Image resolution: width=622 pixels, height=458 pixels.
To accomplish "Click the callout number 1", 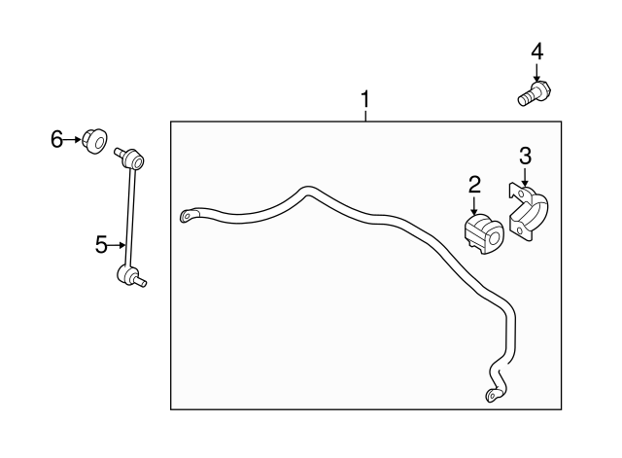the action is coord(365,99).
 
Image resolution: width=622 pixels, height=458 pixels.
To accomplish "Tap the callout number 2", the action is coord(474,185).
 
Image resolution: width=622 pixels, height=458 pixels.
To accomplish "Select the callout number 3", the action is coord(525,156).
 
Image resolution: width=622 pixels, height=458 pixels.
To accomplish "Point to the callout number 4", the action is coord(536,52).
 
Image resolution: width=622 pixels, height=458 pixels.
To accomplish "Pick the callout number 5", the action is coord(101,244).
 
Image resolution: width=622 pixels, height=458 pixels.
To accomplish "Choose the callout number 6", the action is coord(56,139).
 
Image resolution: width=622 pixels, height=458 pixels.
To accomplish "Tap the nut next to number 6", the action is coord(95,141).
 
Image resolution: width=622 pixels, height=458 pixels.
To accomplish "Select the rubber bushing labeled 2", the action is coord(484,233).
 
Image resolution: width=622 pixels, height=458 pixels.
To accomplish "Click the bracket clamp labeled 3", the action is coord(529,213).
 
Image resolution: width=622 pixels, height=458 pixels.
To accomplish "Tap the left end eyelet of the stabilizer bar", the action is coord(188,216).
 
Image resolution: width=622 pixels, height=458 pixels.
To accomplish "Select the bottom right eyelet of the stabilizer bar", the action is coord(493,395).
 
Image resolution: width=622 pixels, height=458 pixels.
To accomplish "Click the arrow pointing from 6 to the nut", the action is coord(72,140).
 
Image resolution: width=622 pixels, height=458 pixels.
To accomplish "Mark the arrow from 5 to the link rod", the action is coord(117,245).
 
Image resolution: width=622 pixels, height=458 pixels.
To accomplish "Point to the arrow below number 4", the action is coord(536,74).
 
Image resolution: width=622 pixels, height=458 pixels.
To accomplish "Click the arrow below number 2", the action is coord(474,205).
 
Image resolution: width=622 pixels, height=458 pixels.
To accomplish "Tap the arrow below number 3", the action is coord(525,177).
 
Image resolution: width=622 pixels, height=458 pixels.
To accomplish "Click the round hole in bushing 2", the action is coord(495,238).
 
